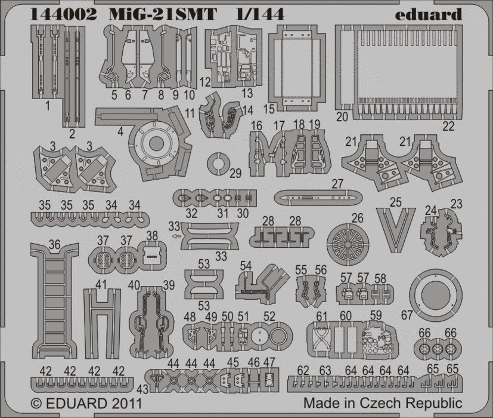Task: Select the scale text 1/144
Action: tap(263, 14)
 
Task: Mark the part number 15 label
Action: tap(269, 109)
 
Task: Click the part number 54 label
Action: tap(245, 266)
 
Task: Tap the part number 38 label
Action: tap(153, 236)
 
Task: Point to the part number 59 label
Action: tap(376, 316)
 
